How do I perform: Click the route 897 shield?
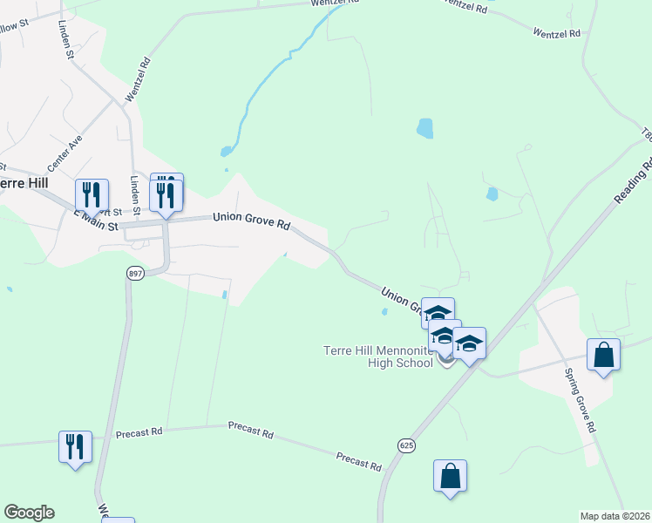134,273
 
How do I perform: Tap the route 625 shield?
409,445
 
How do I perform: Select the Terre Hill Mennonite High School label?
377,356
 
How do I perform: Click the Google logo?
29,513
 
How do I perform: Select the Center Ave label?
65,151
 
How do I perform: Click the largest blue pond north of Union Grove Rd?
424,128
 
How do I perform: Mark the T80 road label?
646,134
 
